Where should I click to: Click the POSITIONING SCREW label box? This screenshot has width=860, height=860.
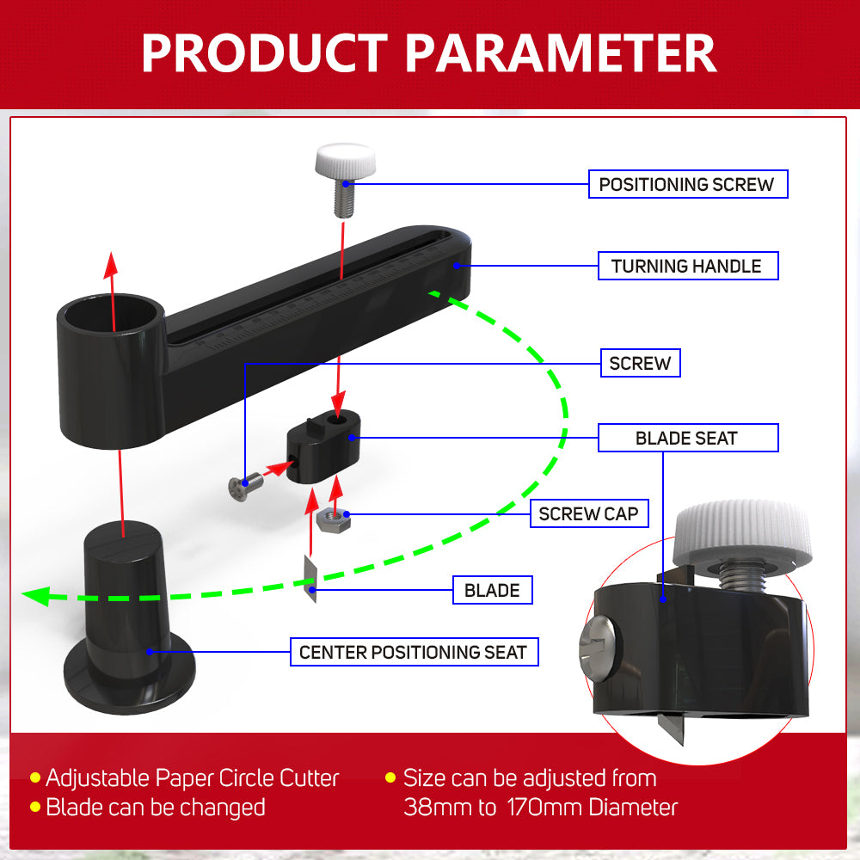click(x=688, y=184)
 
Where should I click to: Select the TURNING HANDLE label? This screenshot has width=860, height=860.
click(x=688, y=266)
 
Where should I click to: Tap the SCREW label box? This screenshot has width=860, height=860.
click(x=640, y=363)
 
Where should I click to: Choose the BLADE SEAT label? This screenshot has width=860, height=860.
click(x=688, y=438)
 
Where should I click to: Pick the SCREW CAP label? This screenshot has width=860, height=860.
click(x=589, y=514)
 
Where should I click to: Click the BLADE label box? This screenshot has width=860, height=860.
click(x=492, y=590)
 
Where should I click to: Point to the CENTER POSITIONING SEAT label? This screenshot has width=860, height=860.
click(x=415, y=652)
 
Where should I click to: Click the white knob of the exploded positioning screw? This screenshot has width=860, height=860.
click(x=346, y=160)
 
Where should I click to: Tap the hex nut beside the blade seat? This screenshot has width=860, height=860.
click(x=334, y=519)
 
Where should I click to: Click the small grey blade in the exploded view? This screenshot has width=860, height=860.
click(x=311, y=579)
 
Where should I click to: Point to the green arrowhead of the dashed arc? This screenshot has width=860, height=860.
click(x=36, y=596)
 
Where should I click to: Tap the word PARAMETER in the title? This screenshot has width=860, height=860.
click(x=561, y=52)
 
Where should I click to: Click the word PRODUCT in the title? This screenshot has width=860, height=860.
click(x=265, y=52)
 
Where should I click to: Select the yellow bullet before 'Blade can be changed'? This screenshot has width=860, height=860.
click(x=35, y=807)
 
